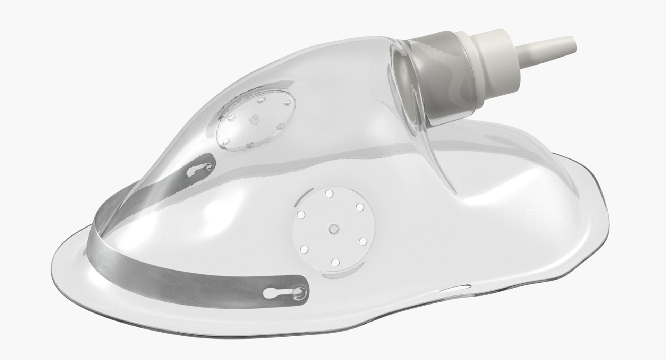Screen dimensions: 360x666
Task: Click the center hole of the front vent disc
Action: [x=334, y=228]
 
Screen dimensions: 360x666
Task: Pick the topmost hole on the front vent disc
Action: [x=328, y=193]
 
